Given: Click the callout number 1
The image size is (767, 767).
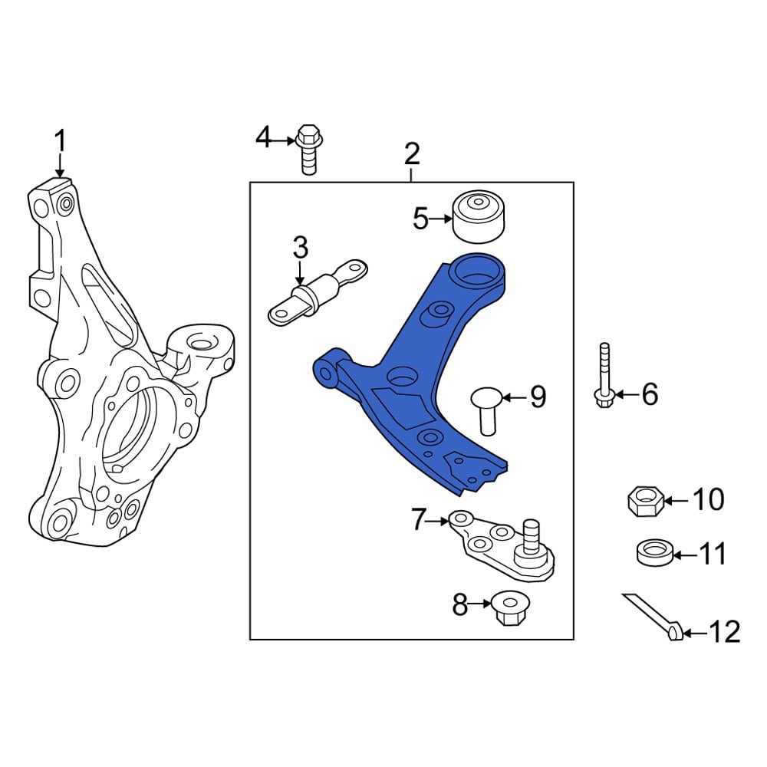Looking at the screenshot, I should tap(60, 142).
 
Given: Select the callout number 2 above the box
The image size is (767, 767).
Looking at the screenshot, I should tap(412, 154).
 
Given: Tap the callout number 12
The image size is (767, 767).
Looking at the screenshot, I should tap(724, 633).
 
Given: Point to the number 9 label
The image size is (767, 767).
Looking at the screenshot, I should tap(538, 397).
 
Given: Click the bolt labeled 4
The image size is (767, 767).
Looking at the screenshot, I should tap(308, 149).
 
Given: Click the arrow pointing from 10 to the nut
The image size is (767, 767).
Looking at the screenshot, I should tap(676, 501).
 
